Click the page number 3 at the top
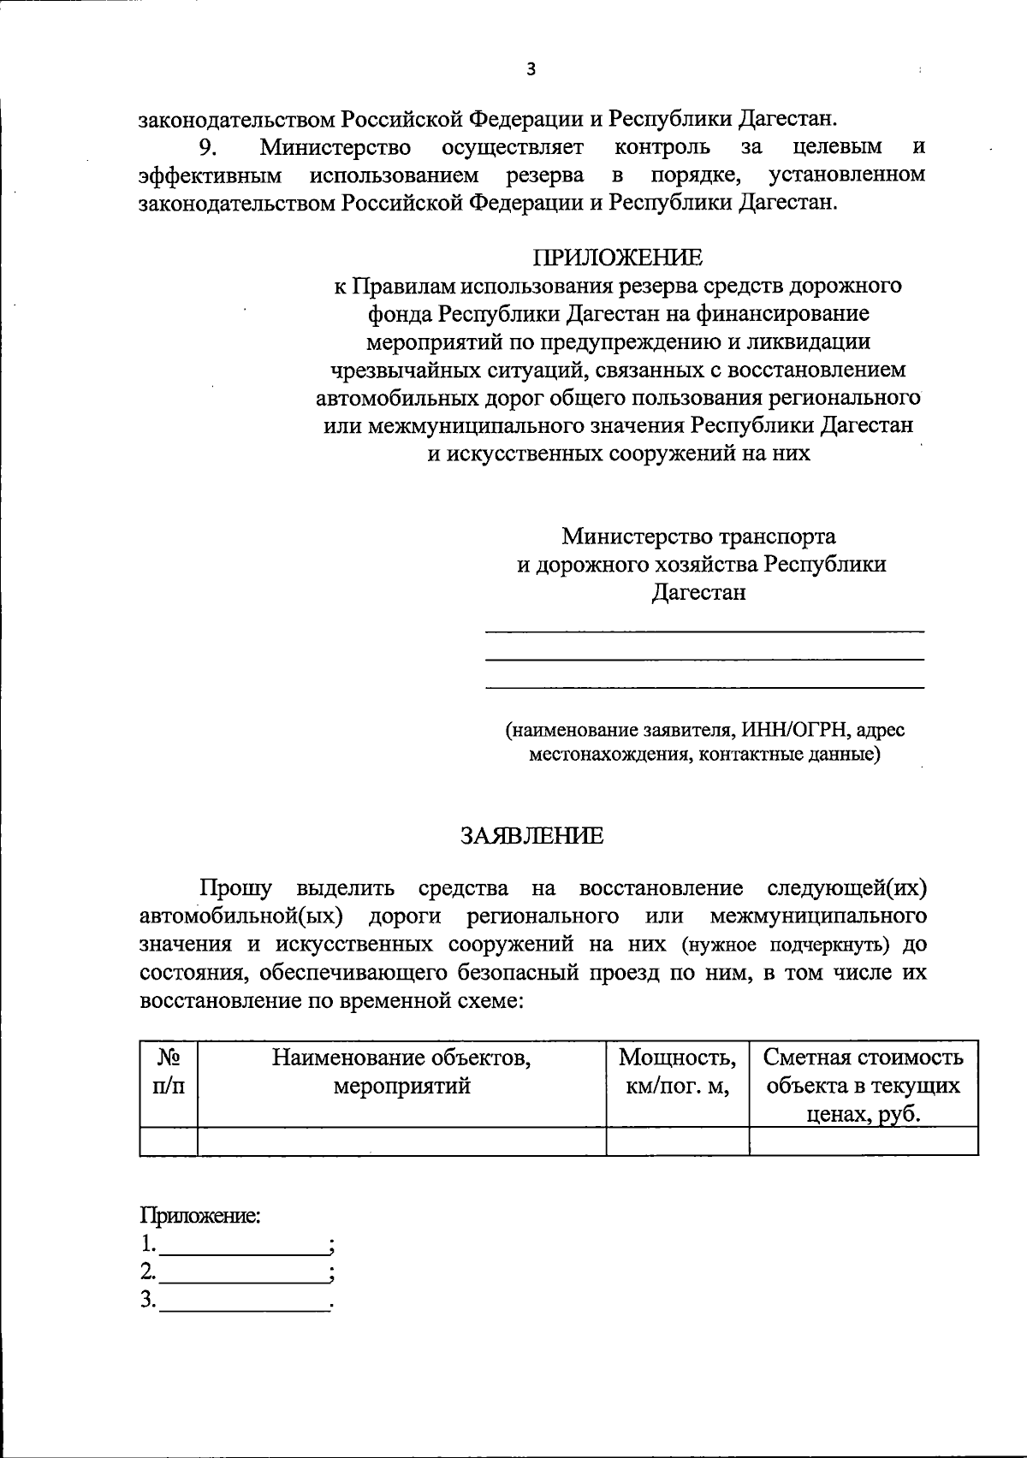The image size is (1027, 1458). pyautogui.click(x=531, y=69)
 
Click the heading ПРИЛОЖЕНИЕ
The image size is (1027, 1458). pyautogui.click(x=618, y=257)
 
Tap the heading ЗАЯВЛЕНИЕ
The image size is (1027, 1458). pyautogui.click(x=531, y=836)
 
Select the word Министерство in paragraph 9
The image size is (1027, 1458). pyautogui.click(x=335, y=147)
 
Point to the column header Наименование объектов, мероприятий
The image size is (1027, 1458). pyautogui.click(x=401, y=1072)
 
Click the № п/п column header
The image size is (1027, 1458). pyautogui.click(x=168, y=1071)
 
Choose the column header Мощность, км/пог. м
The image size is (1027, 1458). pyautogui.click(x=677, y=1072)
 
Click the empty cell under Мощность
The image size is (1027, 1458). pyautogui.click(x=677, y=1141)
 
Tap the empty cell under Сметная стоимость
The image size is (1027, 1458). pyautogui.click(x=863, y=1141)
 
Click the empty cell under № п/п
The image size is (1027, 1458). pyautogui.click(x=168, y=1141)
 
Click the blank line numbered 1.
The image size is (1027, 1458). pyautogui.click(x=243, y=1244)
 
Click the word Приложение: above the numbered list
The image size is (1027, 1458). pyautogui.click(x=200, y=1215)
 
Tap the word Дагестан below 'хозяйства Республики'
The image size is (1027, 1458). pyautogui.click(x=698, y=592)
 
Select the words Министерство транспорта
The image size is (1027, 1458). pyautogui.click(x=698, y=536)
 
